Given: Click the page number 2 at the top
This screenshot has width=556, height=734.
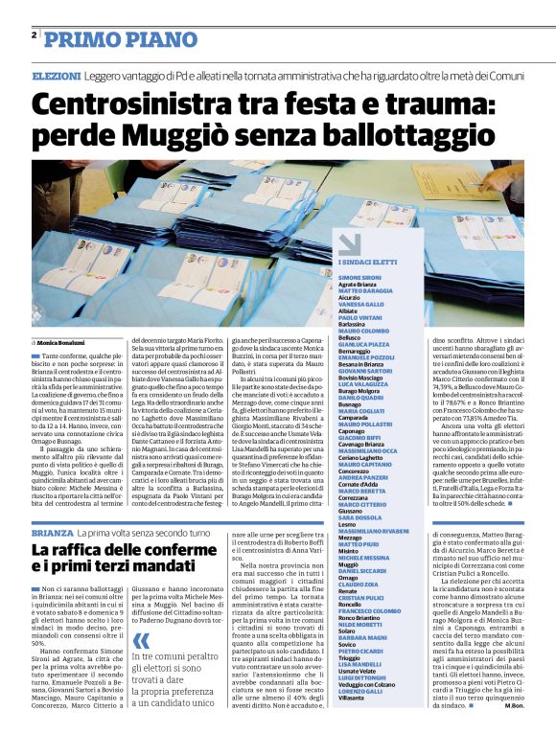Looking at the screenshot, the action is (34, 35).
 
